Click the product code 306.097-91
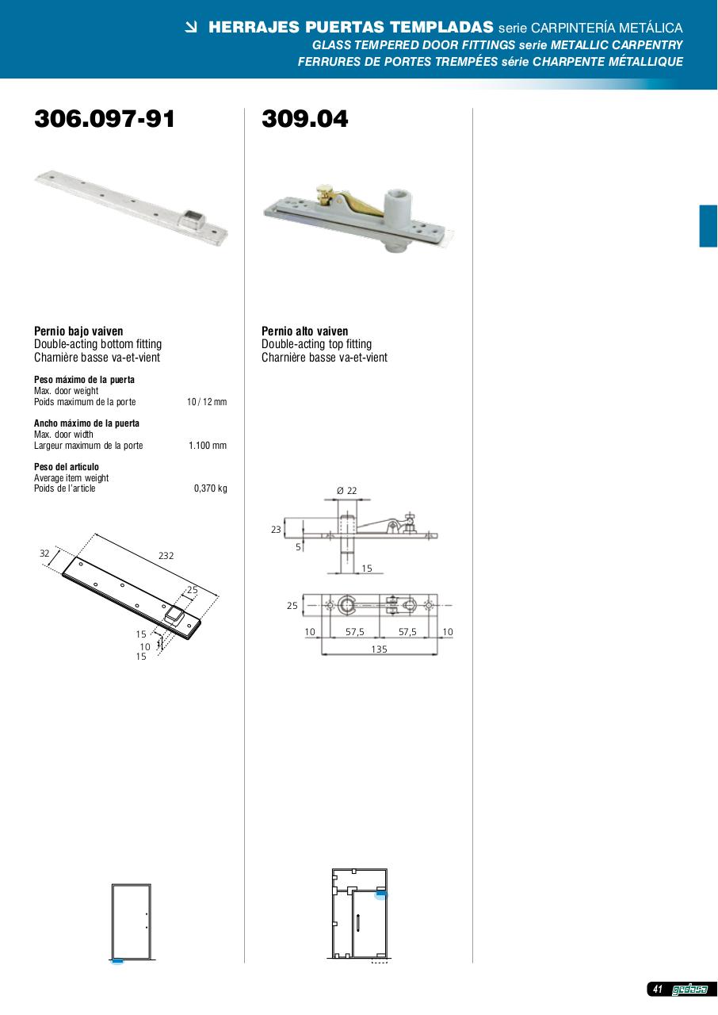104,119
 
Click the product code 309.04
304,119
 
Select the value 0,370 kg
211,488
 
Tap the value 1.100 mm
208,446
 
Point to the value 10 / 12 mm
207,402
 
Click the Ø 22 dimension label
347,490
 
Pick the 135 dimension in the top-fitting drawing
379,649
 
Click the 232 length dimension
166,556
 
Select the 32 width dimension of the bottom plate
44,553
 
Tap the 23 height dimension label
276,529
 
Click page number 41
658,989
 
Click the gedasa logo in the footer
689,990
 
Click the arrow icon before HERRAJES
192,28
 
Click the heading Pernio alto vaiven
304,331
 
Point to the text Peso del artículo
67,467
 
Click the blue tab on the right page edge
708,226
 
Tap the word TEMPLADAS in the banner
442,27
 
